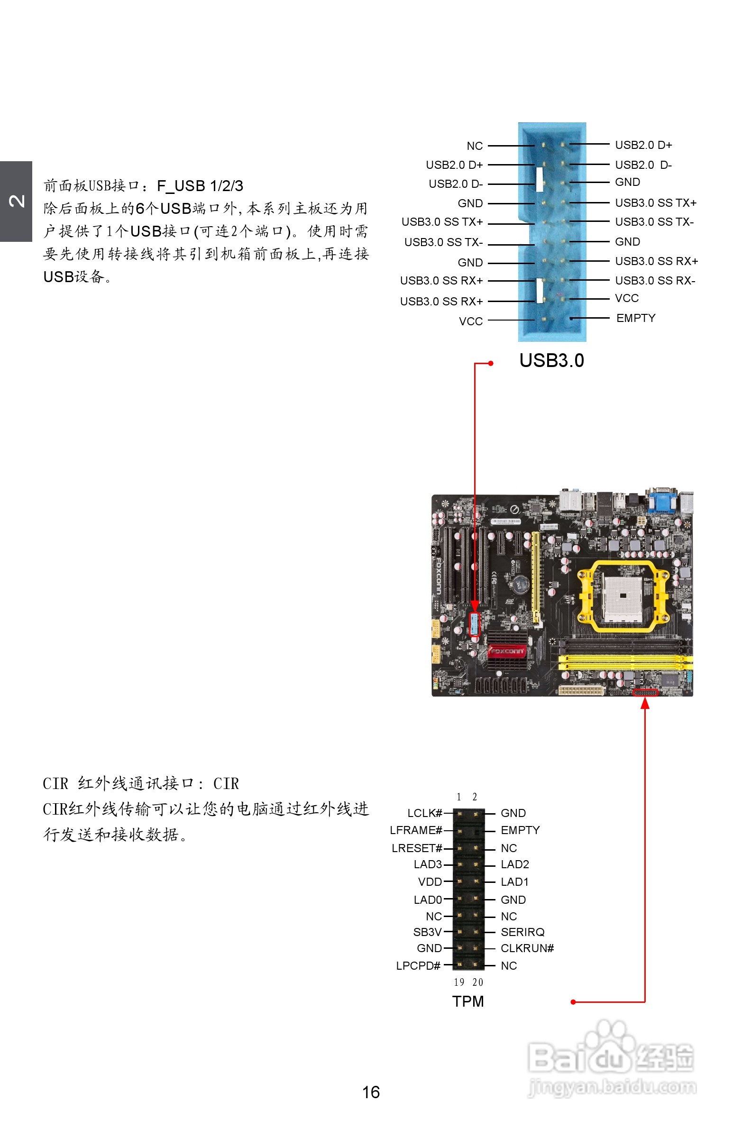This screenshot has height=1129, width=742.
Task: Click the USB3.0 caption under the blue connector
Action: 551,360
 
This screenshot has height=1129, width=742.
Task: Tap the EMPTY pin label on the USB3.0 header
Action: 635,318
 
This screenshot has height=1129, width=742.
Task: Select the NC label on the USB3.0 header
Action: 475,146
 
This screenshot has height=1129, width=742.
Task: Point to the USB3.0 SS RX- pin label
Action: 655,281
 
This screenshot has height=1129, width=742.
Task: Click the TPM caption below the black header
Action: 468,1001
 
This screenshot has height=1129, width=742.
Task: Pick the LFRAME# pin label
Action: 416,830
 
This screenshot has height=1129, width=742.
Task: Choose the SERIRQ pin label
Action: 522,932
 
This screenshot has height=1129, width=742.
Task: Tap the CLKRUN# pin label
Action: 527,948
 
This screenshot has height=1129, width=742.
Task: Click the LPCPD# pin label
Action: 418,966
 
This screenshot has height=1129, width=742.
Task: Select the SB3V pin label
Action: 427,932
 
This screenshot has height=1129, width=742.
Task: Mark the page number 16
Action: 370,1092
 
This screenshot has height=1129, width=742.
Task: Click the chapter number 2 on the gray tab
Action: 17,201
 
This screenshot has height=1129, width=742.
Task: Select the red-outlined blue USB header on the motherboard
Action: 475,624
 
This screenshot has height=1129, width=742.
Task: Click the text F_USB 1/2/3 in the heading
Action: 200,186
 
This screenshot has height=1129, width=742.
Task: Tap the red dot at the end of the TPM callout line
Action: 573,1002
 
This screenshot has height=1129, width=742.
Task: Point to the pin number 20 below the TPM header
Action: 477,982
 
